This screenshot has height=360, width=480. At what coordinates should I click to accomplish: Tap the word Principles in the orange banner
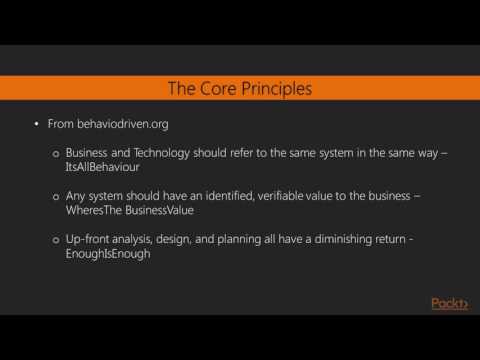(278, 89)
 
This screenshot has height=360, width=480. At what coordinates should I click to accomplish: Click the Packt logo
(448, 304)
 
